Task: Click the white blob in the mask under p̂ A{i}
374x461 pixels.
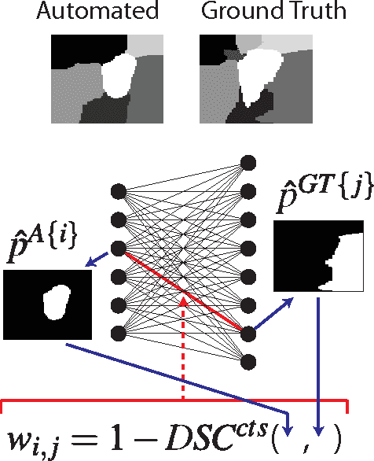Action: [55, 304]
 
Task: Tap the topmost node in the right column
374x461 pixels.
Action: [248, 163]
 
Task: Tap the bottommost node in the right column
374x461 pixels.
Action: [248, 361]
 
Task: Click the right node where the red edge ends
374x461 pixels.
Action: [248, 333]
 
